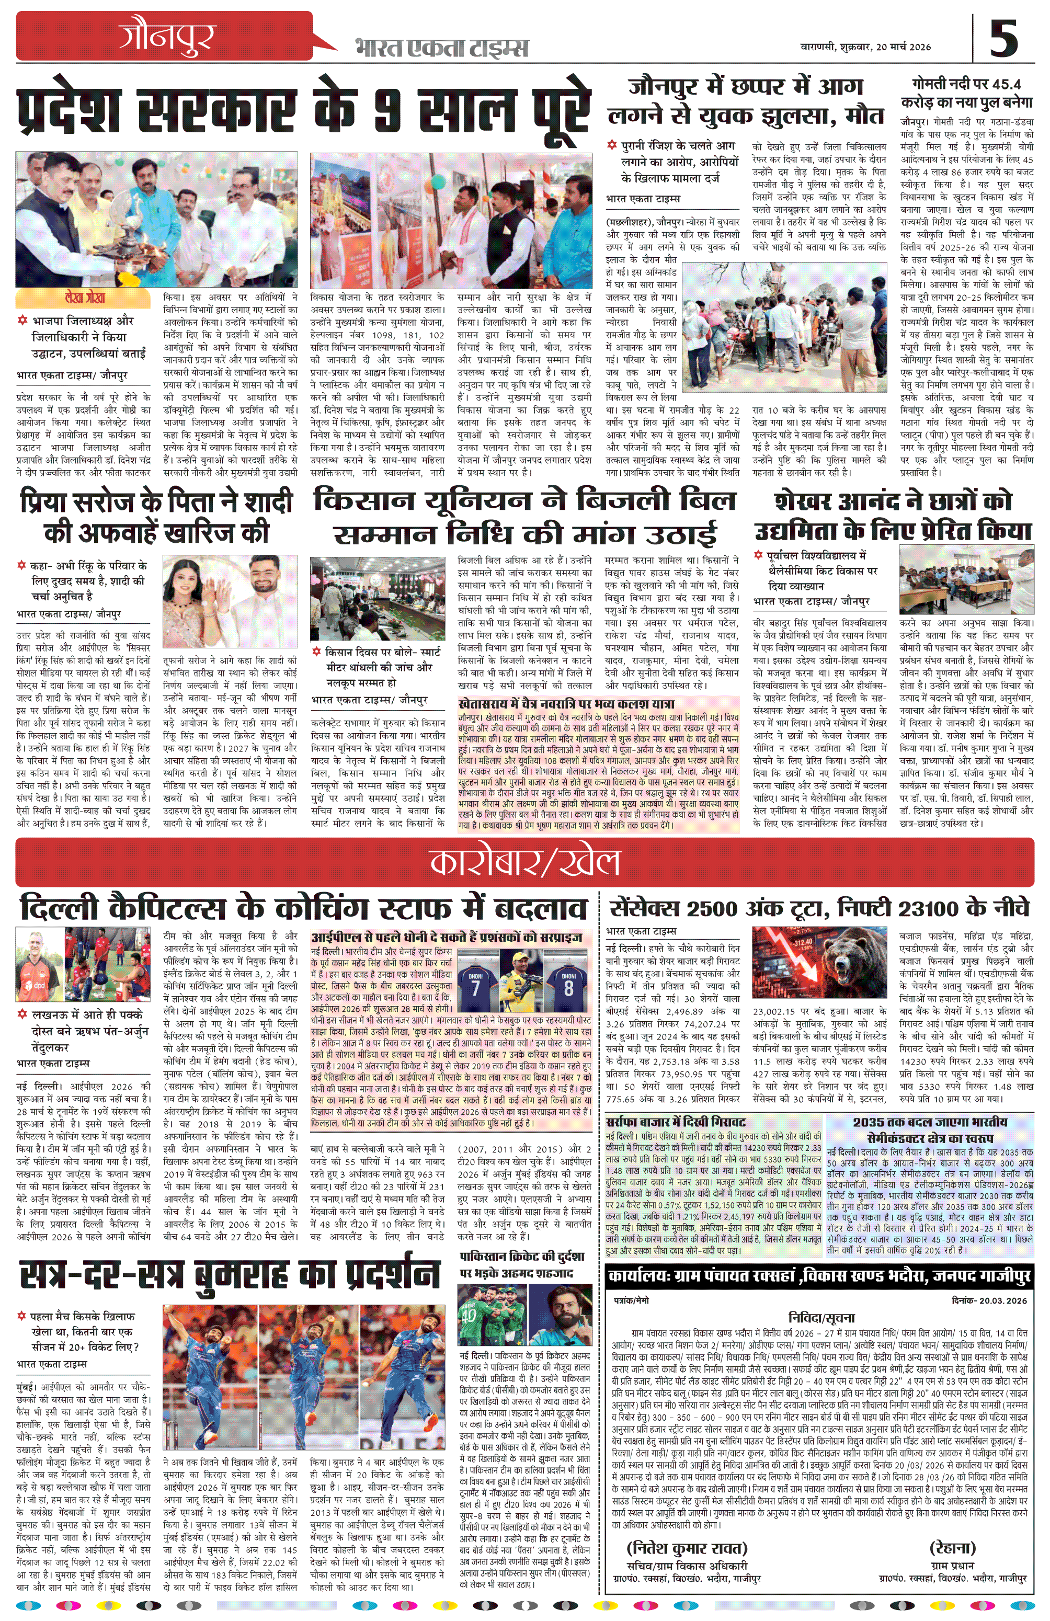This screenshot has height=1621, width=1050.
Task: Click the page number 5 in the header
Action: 1003,38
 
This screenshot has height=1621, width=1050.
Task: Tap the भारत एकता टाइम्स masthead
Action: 441,48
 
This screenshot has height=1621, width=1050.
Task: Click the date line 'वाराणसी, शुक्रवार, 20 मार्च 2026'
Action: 865,47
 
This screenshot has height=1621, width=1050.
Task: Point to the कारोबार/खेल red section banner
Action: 524,862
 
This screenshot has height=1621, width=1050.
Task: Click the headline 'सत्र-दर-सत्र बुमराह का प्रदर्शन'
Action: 229,1275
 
